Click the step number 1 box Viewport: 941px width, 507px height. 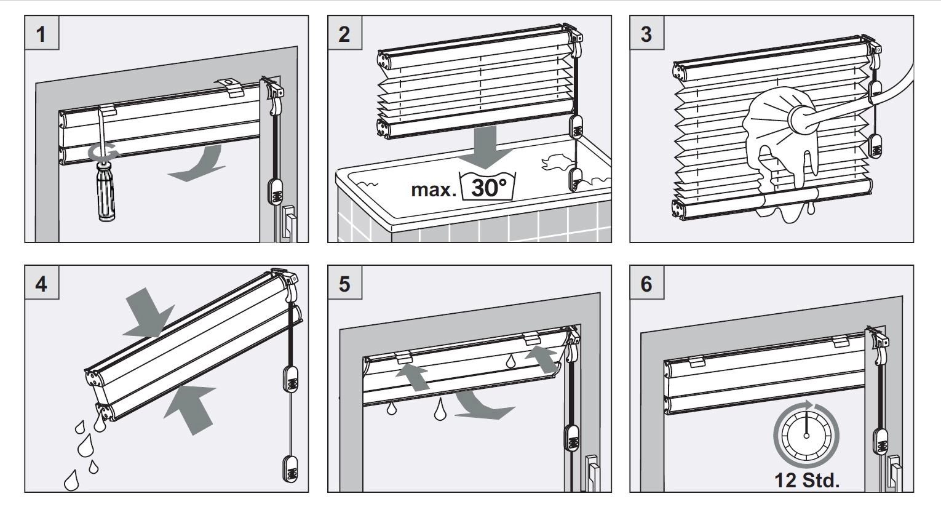pyautogui.click(x=41, y=33)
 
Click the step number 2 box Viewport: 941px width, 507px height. pyautogui.click(x=344, y=33)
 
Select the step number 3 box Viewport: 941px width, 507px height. pyautogui.click(x=646, y=33)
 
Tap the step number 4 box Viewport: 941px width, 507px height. pyautogui.click(x=41, y=284)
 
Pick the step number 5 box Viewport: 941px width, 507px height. pyautogui.click(x=344, y=284)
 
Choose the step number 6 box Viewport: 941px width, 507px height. pyautogui.click(x=646, y=284)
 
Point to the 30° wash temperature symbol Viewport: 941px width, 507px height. pyautogui.click(x=487, y=185)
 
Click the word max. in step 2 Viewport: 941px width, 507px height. pyautogui.click(x=434, y=189)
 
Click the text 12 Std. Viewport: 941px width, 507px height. pyautogui.click(x=807, y=481)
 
